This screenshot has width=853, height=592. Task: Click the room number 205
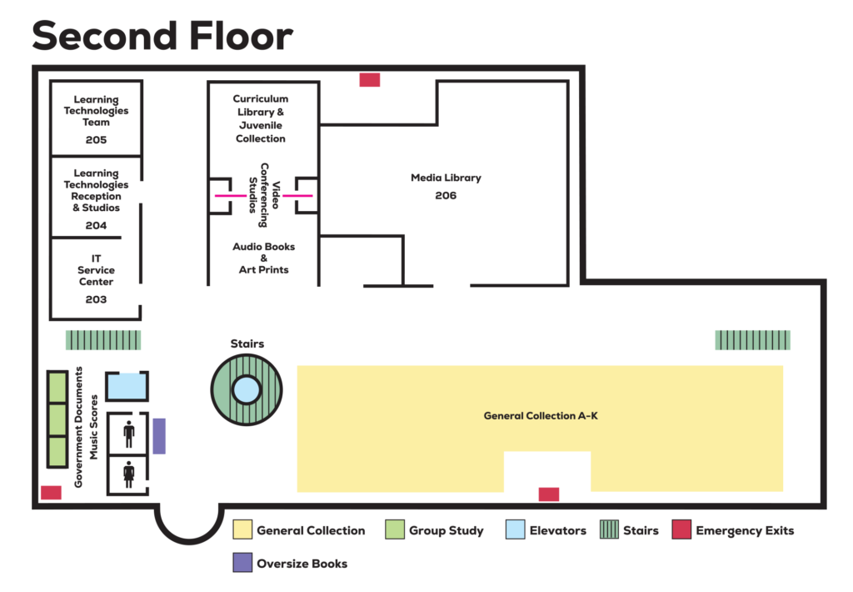tap(96, 140)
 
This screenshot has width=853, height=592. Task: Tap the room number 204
tap(96, 225)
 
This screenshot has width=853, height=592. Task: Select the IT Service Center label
tap(97, 270)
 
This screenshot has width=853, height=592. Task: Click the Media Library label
tap(446, 178)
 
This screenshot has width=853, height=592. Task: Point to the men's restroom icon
tap(129, 434)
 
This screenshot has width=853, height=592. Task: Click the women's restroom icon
tap(129, 474)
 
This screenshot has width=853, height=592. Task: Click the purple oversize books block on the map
tap(159, 436)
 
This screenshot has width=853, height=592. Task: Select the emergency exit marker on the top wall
tap(370, 80)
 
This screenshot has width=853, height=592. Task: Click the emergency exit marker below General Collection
tap(548, 494)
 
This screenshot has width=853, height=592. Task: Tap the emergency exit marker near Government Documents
tap(52, 493)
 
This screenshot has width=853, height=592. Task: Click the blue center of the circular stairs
tap(246, 389)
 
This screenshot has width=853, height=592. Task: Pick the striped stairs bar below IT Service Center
tap(103, 340)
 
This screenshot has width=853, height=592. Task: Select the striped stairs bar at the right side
tap(752, 340)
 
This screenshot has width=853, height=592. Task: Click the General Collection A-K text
tap(541, 415)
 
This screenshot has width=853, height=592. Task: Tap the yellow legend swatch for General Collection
tap(242, 530)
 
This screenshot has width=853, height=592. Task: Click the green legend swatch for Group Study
tap(395, 530)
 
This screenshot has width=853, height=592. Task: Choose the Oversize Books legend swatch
tap(242, 563)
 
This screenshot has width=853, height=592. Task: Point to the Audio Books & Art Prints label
tap(263, 258)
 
